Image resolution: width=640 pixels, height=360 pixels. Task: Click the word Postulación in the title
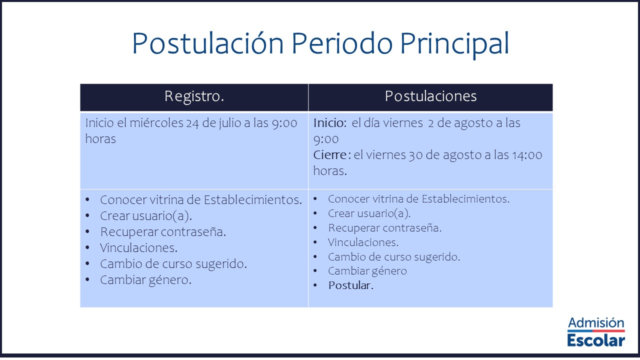click(x=207, y=43)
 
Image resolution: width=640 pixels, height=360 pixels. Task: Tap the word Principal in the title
click(x=454, y=45)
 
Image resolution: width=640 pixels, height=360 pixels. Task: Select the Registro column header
click(x=194, y=96)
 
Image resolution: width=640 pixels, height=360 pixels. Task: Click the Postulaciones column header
click(x=430, y=96)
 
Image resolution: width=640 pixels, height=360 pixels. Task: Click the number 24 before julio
click(x=192, y=123)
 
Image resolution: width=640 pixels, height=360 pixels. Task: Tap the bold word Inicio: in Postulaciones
click(x=330, y=123)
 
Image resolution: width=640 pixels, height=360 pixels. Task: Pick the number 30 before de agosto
click(x=415, y=155)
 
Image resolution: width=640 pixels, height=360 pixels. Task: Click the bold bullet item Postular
click(x=351, y=285)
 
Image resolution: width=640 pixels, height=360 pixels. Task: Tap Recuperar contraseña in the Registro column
click(x=163, y=232)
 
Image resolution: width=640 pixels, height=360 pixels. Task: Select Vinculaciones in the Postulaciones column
click(x=363, y=242)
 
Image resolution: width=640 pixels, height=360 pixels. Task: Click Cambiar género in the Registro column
click(x=145, y=280)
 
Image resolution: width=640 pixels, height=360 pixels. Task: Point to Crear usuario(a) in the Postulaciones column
click(x=369, y=213)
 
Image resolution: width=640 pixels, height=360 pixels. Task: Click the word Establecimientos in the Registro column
click(x=253, y=199)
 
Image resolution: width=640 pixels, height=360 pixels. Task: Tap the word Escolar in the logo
click(x=596, y=340)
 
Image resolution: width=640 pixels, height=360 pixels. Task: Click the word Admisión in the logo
click(x=596, y=323)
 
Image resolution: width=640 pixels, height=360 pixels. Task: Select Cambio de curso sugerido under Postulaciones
click(x=394, y=257)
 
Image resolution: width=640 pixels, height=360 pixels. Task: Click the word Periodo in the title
click(x=342, y=43)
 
